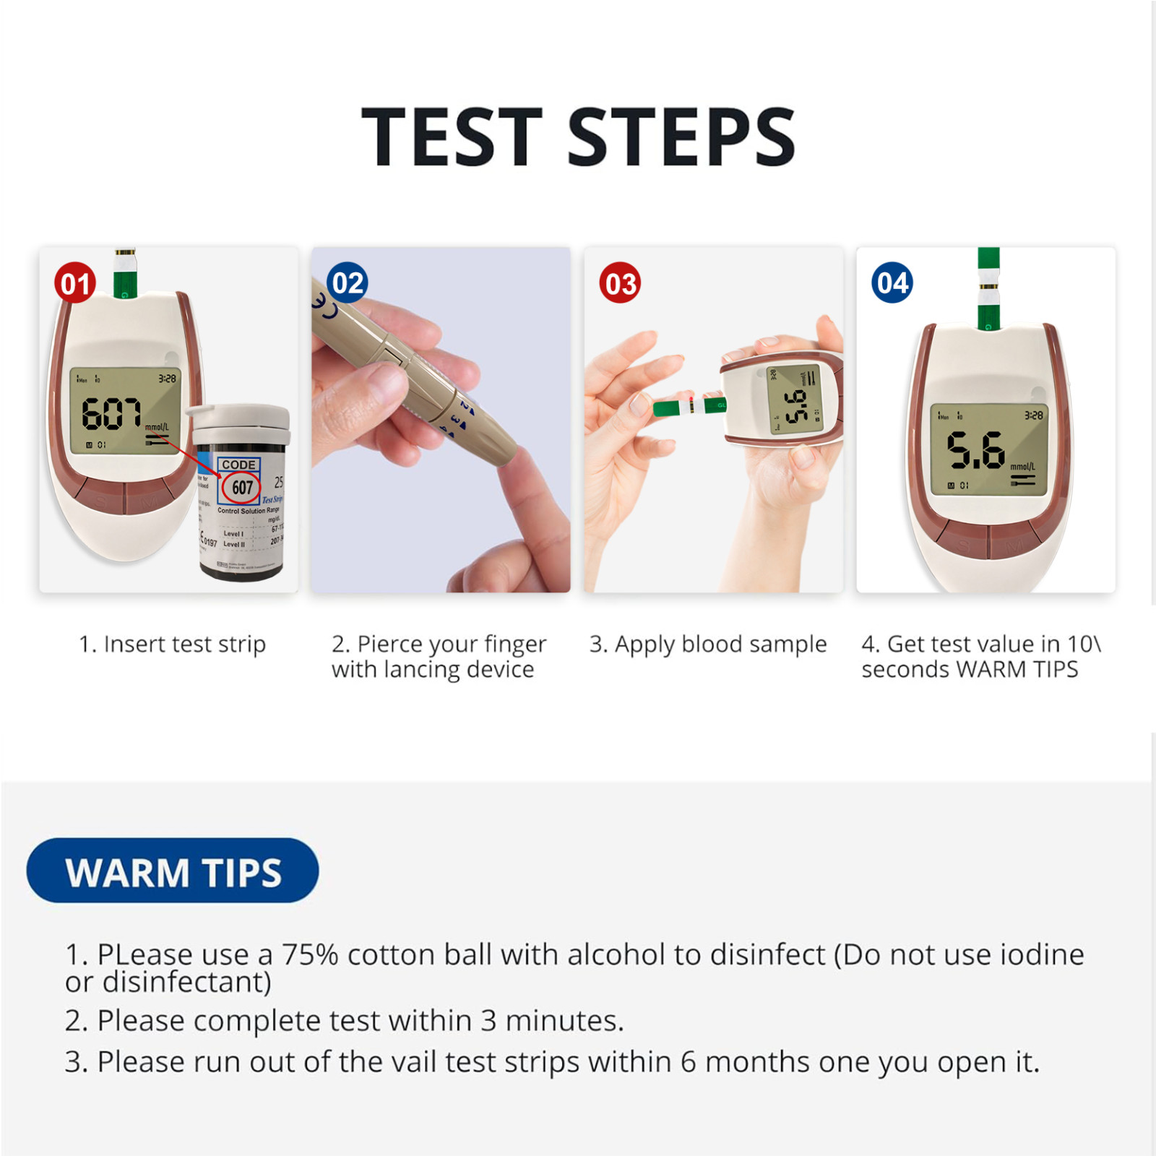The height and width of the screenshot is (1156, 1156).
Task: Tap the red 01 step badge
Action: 75,283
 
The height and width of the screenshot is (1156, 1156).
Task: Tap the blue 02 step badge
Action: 348,282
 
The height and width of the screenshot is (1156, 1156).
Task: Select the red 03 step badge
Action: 620,283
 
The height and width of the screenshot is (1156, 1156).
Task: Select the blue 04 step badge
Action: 892,282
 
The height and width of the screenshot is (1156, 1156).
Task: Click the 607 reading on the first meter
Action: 111,414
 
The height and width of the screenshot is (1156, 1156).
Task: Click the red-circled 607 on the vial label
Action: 241,488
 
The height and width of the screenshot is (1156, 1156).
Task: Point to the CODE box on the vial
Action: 238,465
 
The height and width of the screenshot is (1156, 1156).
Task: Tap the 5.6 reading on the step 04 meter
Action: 975,449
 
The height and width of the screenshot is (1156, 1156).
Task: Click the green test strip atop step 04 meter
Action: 988,289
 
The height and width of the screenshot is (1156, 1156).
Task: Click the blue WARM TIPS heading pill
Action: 173,871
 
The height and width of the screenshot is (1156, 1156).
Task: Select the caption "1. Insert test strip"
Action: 172,644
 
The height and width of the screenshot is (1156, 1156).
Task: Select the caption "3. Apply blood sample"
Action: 708,644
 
